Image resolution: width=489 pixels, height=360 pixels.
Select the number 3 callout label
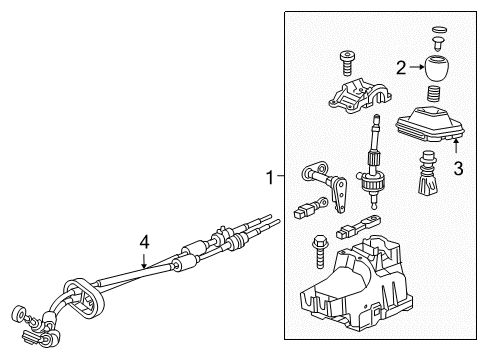(458, 170)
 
